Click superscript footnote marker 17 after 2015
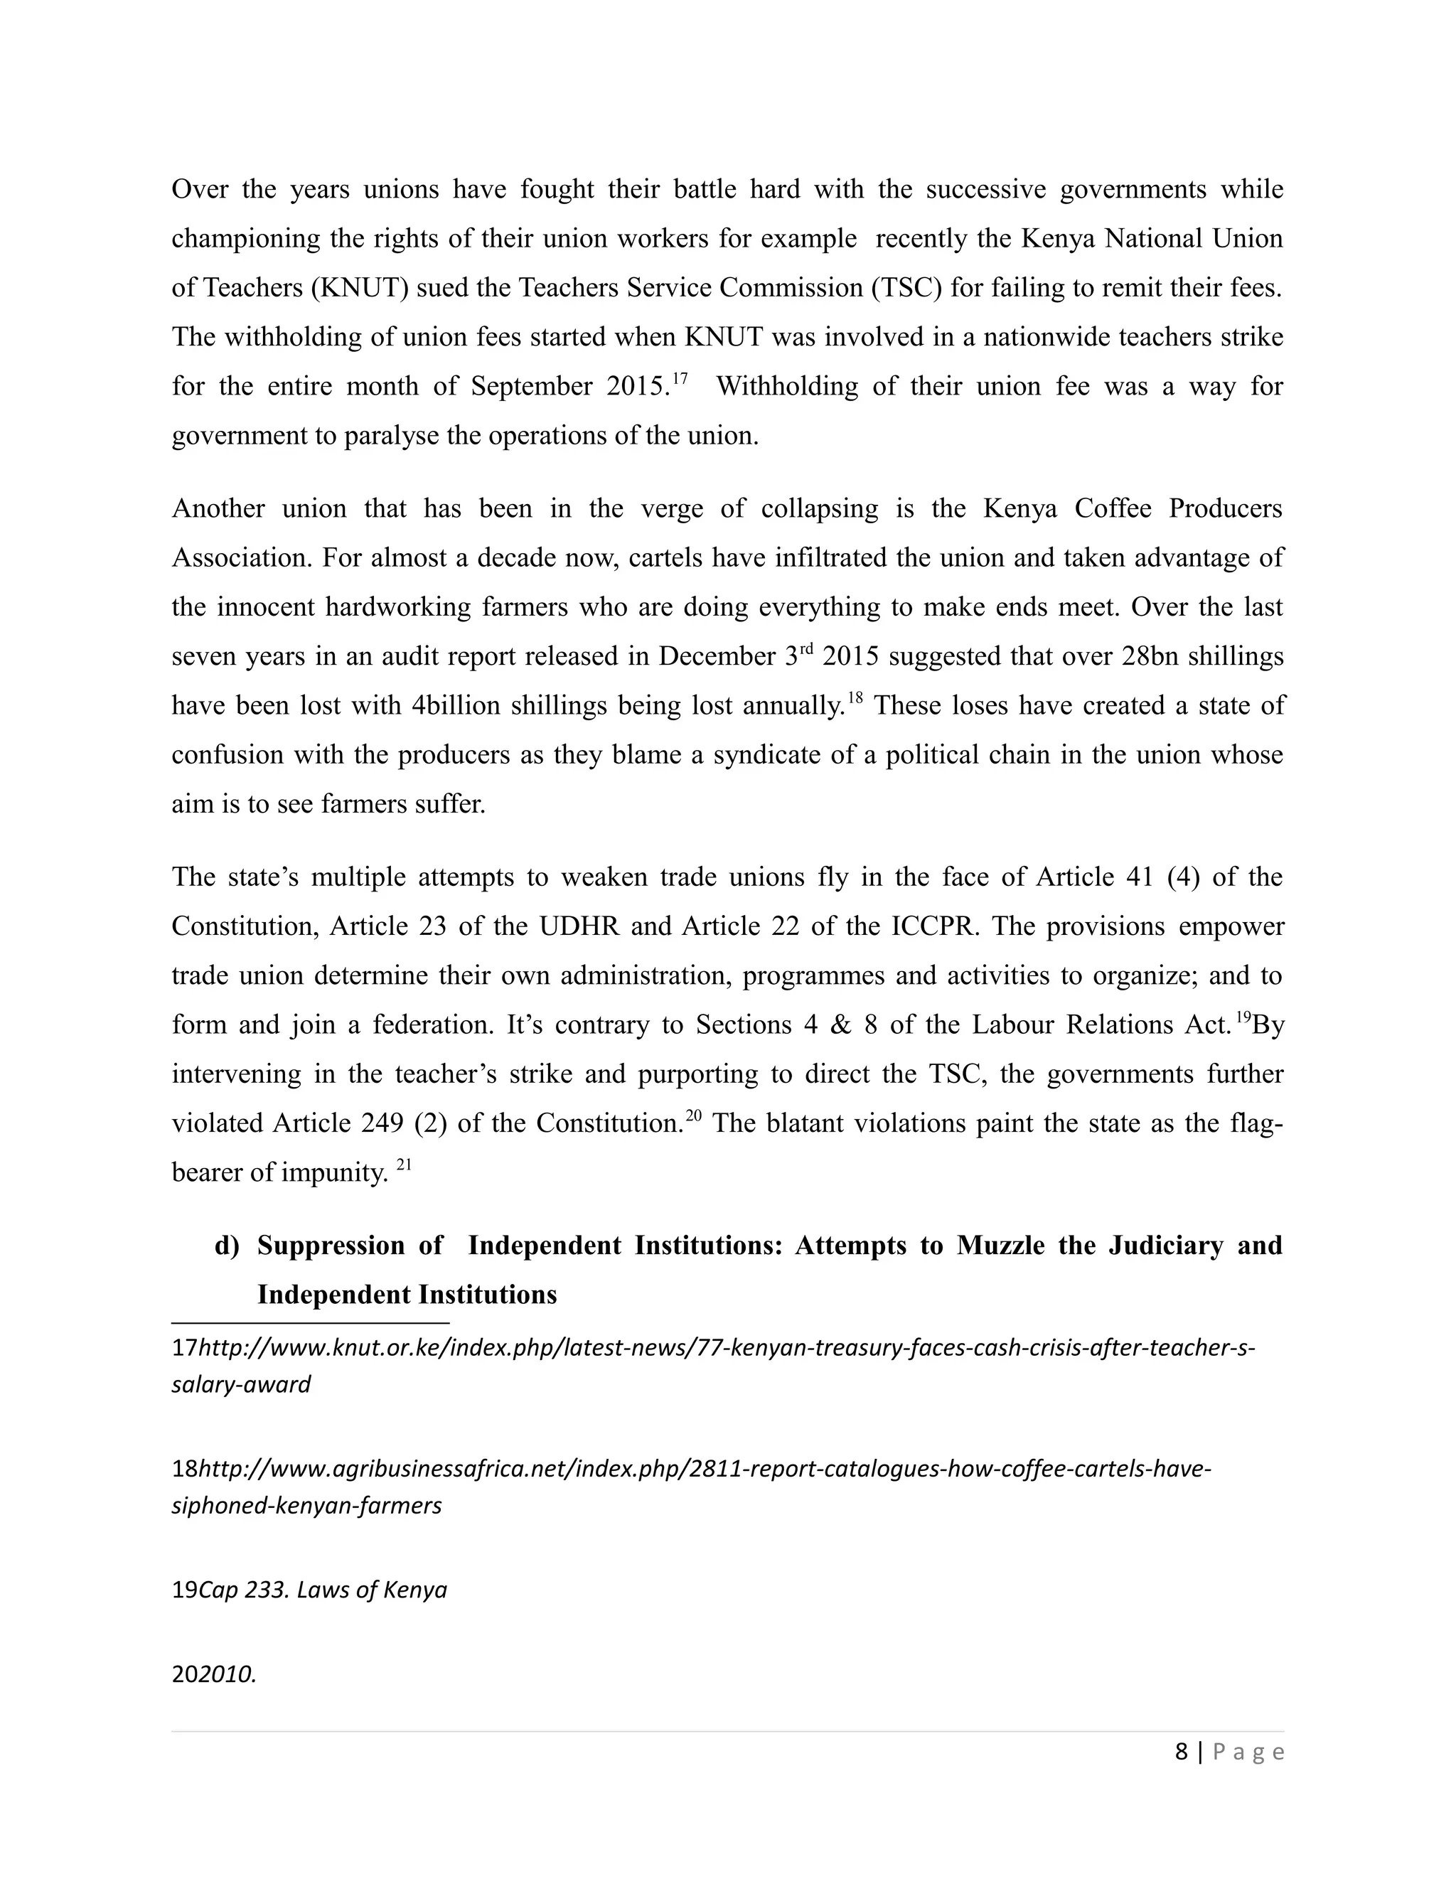coord(680,377)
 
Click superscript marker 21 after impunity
coord(404,1165)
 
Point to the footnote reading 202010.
coord(214,1674)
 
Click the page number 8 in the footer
coord(1181,1752)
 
